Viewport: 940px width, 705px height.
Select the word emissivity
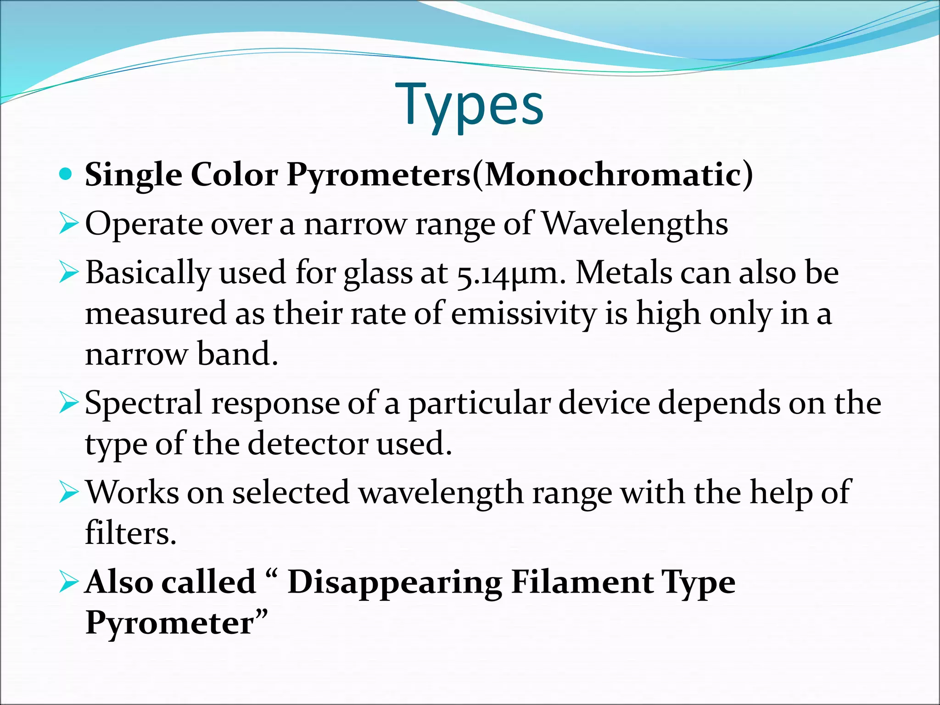click(x=523, y=314)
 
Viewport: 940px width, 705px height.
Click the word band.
click(x=237, y=354)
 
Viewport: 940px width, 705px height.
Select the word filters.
click(x=131, y=534)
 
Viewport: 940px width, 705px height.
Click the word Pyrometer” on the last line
click(x=177, y=623)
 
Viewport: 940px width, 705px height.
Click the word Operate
click(x=144, y=224)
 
